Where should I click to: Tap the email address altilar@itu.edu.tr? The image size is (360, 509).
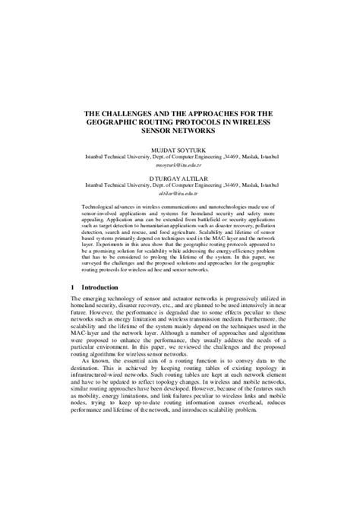click(179, 194)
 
